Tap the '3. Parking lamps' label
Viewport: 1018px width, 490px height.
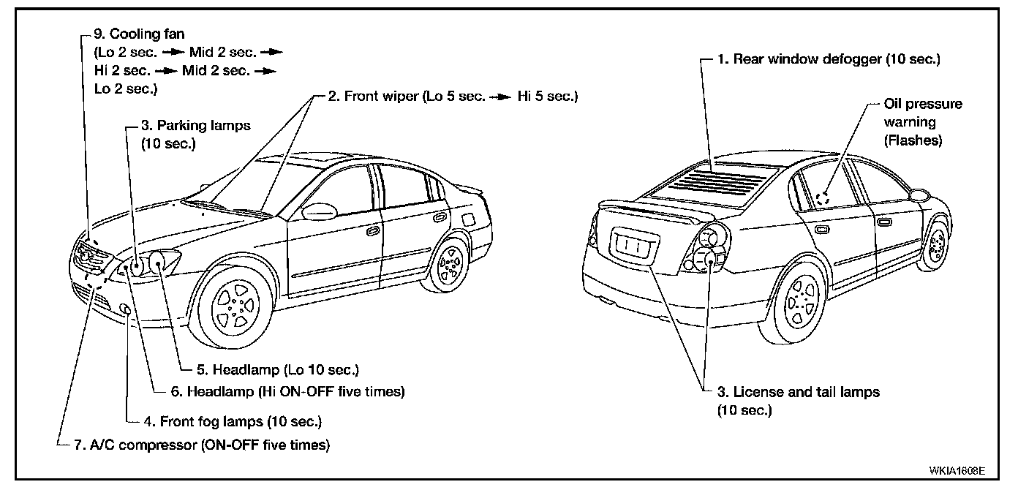point(195,125)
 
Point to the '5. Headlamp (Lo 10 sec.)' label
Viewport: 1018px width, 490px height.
point(269,369)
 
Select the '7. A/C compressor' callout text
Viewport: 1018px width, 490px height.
point(201,444)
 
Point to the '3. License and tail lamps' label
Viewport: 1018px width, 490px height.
point(798,392)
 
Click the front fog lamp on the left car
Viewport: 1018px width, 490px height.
point(126,310)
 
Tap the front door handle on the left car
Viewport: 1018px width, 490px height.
point(374,231)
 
